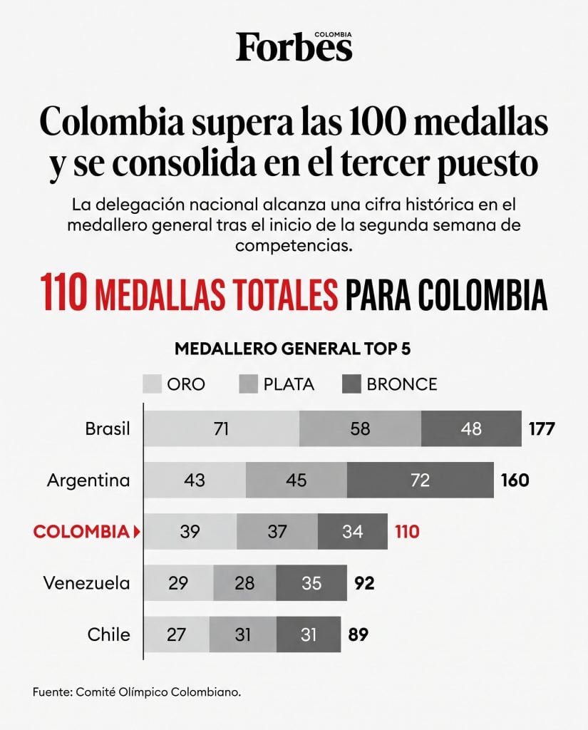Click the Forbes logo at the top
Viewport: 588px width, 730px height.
[294, 46]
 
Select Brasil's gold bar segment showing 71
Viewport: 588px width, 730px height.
[221, 428]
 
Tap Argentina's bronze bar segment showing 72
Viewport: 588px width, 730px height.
[421, 480]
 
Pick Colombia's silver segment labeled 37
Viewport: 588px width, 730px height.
[277, 531]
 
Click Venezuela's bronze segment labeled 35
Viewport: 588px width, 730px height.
[311, 583]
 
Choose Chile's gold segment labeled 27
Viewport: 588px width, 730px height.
[177, 634]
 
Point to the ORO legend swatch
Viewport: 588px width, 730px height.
[152, 384]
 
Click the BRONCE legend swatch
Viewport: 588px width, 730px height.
[351, 384]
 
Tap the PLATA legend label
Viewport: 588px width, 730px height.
[289, 384]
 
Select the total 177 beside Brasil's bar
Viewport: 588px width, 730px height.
[542, 428]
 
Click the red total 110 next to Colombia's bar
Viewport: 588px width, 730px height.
[408, 532]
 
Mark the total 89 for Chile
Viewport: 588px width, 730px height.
[359, 634]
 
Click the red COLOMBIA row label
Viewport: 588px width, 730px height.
[81, 532]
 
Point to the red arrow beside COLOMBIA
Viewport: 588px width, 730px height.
[136, 532]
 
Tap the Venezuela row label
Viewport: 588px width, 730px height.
[86, 583]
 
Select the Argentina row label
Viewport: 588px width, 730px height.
[88, 480]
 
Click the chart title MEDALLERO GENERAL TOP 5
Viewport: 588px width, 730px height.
[293, 349]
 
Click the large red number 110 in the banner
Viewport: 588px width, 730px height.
[63, 292]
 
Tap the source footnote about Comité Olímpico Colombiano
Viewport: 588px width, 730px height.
[137, 692]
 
